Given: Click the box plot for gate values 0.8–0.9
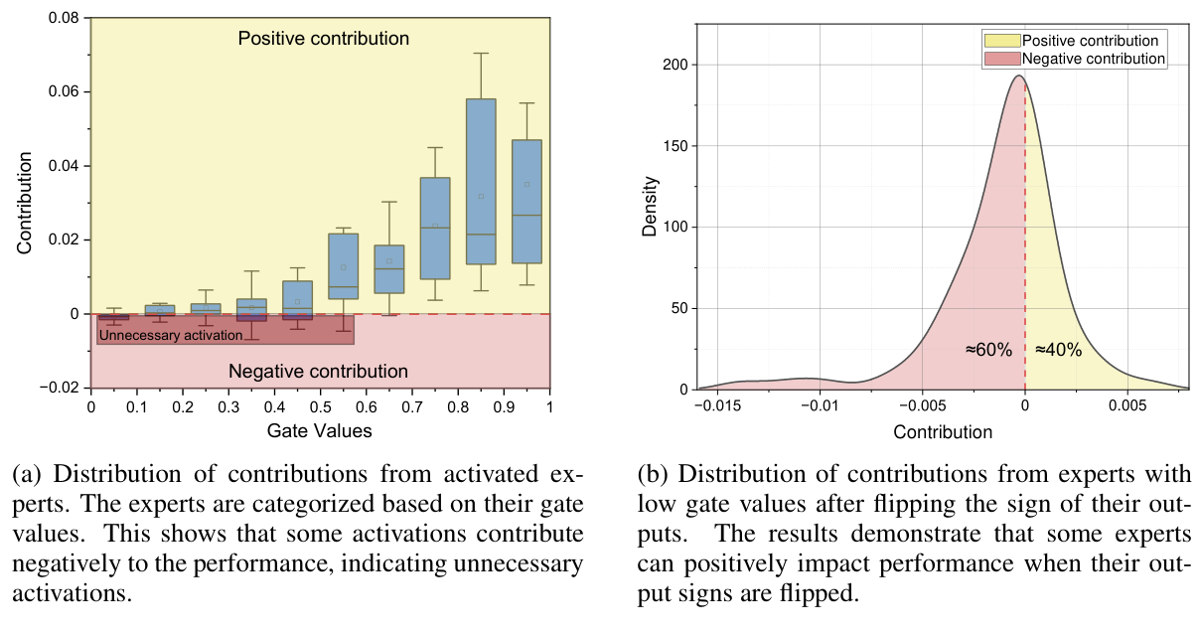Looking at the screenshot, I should (481, 181).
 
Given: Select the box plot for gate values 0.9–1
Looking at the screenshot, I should (526, 201).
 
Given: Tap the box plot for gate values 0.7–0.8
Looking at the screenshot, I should (435, 229).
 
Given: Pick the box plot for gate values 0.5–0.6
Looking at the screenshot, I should (344, 265).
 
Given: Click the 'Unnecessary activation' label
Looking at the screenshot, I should (171, 336).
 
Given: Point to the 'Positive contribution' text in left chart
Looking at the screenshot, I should (323, 39).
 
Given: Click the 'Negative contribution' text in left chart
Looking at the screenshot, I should (318, 372).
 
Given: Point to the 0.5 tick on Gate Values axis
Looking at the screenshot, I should (320, 407).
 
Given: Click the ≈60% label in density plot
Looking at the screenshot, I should (988, 350).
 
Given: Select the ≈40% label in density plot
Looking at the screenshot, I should (1058, 350).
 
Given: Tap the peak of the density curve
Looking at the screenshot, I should (1018, 77).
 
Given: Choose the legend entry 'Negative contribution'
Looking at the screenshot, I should (1093, 59).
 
